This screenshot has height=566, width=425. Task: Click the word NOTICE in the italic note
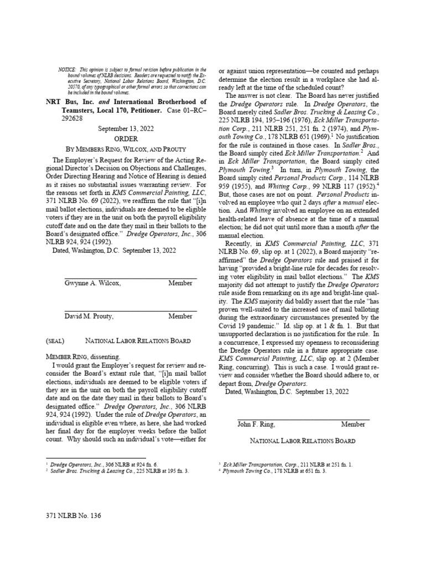point(67,69)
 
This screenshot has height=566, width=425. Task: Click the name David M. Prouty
point(89,317)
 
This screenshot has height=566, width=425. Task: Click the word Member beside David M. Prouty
point(180,317)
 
